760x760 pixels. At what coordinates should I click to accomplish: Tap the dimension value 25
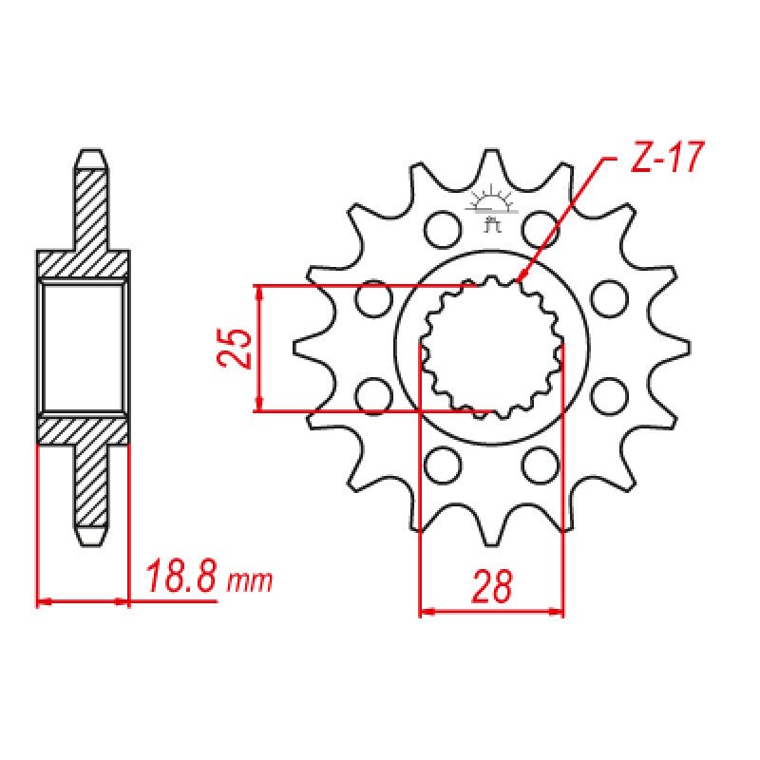[x=235, y=349]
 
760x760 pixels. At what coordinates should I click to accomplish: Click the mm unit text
[x=250, y=580]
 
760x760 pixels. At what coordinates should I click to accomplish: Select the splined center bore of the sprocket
[x=491, y=348]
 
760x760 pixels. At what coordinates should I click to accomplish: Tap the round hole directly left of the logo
[x=440, y=228]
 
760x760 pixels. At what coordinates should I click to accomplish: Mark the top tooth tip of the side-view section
[x=90, y=154]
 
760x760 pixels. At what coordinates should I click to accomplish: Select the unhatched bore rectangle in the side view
[x=83, y=348]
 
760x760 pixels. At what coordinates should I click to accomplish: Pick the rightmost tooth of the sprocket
[x=679, y=348]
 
